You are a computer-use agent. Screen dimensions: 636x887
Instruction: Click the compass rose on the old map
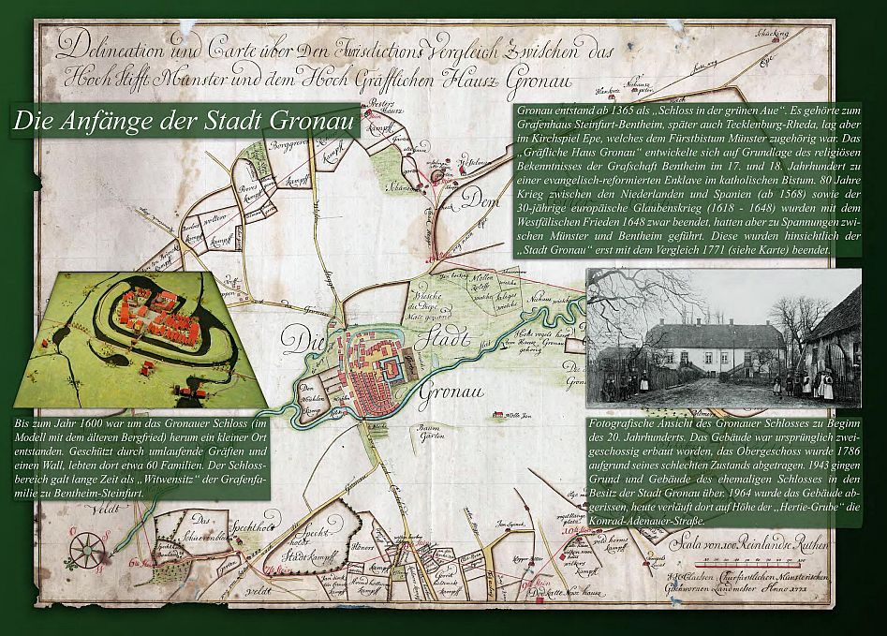pyautogui.click(x=84, y=545)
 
